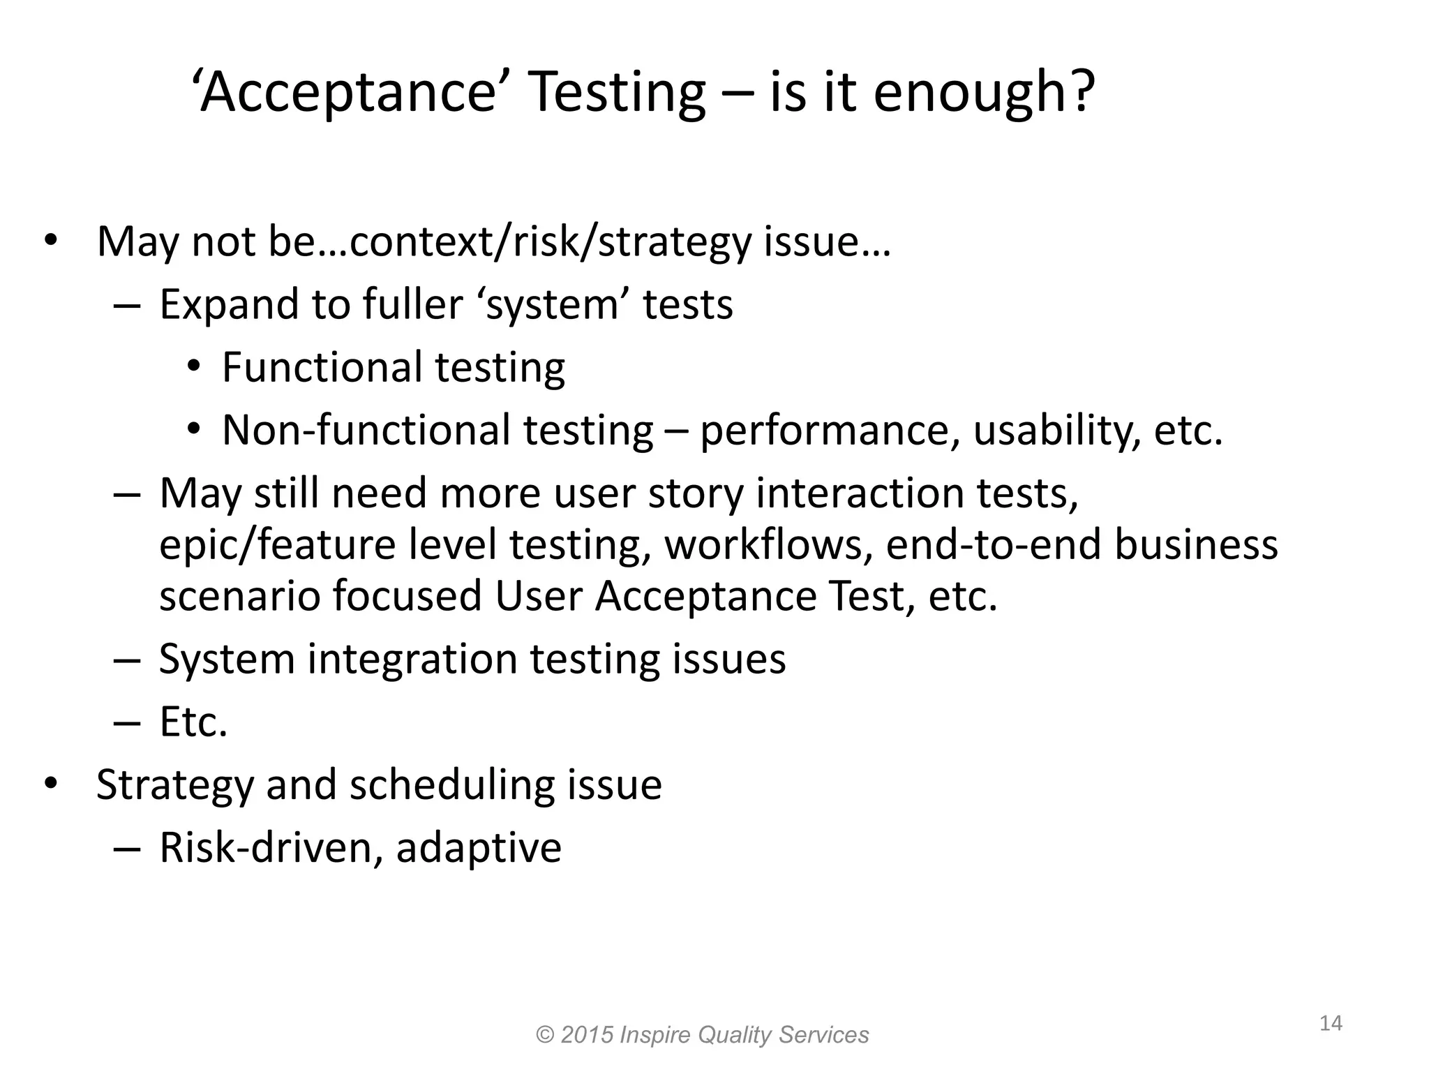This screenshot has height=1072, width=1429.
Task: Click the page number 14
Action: (x=1331, y=1023)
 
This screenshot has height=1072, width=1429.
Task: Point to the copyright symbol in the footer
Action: (x=545, y=1034)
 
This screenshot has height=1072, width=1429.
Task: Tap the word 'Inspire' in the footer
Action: (x=655, y=1034)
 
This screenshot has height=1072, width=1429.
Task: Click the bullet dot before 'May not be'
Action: (x=50, y=241)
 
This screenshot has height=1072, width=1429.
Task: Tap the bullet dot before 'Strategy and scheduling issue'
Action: (x=50, y=784)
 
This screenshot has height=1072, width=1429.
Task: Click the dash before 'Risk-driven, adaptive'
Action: (x=126, y=848)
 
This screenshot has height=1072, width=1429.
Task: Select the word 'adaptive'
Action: (x=479, y=848)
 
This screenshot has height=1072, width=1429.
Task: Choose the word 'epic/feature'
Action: (x=277, y=545)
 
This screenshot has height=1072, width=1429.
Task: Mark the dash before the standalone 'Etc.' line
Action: (x=126, y=722)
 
